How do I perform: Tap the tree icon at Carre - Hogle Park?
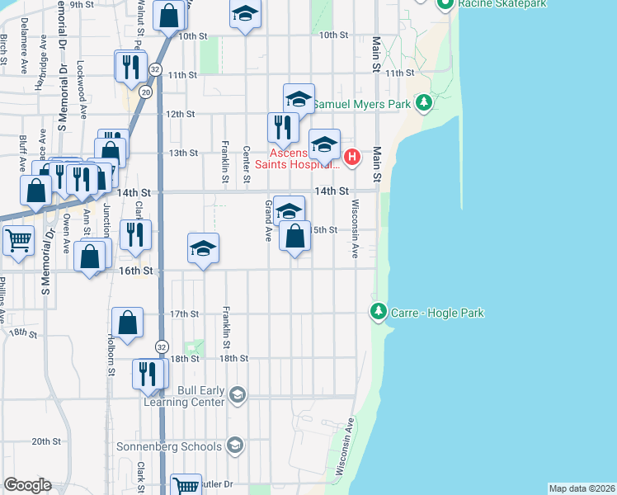tap(379, 312)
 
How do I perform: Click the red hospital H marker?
tap(352, 156)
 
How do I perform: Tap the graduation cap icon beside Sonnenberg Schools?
tap(236, 446)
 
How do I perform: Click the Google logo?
tap(27, 485)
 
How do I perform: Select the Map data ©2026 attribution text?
tap(582, 488)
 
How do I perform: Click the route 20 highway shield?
tap(145, 92)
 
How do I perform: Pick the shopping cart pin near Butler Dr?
tap(186, 485)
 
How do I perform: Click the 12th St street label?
tap(180, 115)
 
